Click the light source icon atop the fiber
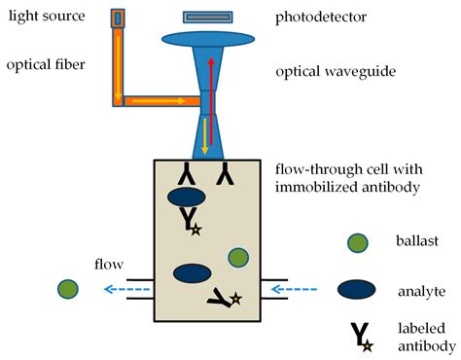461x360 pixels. click(118, 18)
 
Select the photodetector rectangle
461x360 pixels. click(207, 17)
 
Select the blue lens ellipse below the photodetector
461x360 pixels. click(207, 39)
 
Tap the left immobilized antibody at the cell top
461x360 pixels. click(187, 175)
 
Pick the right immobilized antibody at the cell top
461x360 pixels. click(226, 175)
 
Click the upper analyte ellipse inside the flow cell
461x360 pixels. click(187, 198)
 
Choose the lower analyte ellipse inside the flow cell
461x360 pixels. click(193, 273)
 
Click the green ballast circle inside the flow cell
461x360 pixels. click(239, 257)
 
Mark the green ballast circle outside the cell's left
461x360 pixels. click(67, 289)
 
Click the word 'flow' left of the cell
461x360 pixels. click(109, 264)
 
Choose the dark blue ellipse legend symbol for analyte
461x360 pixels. click(360, 288)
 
